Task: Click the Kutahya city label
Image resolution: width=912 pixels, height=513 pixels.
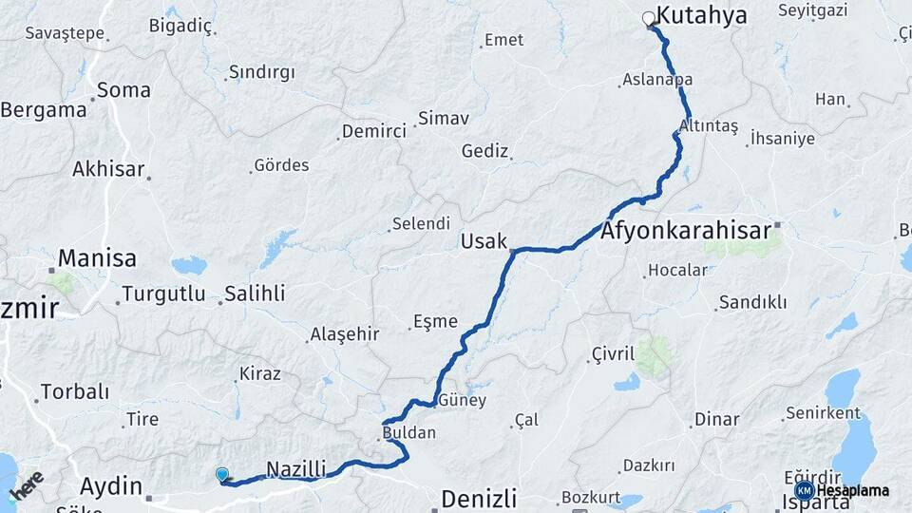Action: coord(702,15)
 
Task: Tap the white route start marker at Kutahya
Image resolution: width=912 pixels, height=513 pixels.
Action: coord(649,18)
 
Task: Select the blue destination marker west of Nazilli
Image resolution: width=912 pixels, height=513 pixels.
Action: coord(222,474)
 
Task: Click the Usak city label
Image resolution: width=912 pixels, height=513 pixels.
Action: coord(484,241)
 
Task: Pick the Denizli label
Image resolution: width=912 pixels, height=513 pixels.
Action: coord(479,498)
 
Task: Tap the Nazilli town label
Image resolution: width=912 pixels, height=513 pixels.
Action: coord(296,468)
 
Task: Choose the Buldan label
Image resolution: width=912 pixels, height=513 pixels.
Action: coord(408,433)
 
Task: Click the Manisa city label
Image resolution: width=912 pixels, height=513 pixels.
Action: coord(97,257)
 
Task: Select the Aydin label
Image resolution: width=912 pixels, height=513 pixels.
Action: coord(110,486)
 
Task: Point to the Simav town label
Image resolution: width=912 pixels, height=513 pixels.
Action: coord(444,119)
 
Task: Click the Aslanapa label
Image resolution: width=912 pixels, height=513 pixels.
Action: coord(657,80)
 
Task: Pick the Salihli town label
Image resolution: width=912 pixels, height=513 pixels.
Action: coord(255,294)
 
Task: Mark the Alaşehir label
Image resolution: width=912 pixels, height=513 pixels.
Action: coord(344,334)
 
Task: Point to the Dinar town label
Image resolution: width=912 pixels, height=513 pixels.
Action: coord(716,419)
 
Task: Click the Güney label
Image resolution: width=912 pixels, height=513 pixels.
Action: coord(463,401)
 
